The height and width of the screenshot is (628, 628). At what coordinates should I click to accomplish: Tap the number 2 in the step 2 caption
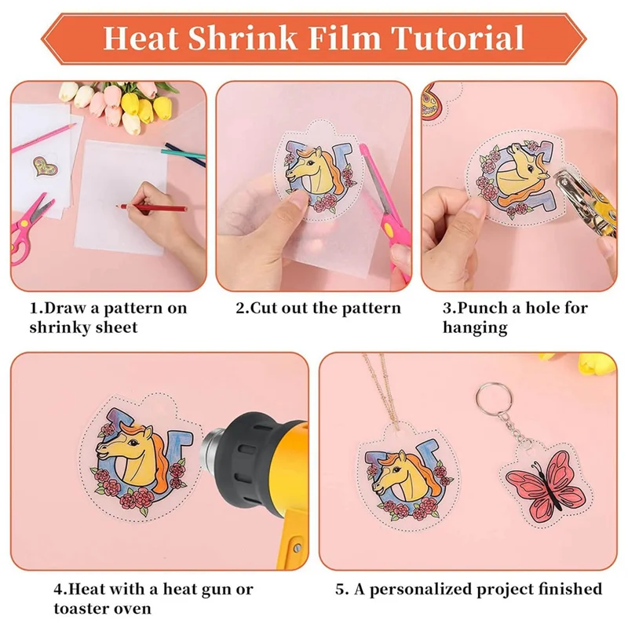(240, 308)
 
